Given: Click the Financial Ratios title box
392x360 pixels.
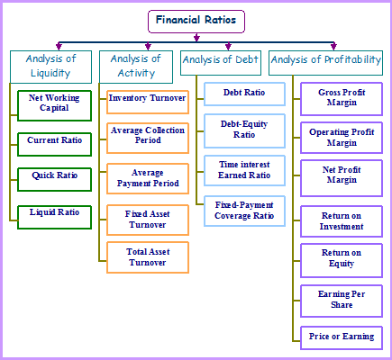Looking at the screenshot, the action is tap(196, 22).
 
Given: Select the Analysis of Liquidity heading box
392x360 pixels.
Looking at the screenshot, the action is tap(50, 67).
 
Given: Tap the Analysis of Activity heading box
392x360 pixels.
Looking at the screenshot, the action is tap(136, 67).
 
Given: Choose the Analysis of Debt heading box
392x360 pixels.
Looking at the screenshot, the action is tap(221, 63).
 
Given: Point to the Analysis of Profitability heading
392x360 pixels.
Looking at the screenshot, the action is tap(325, 63).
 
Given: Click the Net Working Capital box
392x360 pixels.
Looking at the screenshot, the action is tap(54, 105).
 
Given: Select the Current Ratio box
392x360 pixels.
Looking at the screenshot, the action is tap(54, 144).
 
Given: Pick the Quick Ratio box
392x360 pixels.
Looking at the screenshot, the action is tap(54, 179).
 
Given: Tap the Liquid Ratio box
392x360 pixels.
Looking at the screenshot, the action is tap(54, 217).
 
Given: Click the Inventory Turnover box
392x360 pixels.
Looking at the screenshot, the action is tap(148, 102).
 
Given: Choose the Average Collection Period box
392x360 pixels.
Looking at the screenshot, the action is tap(148, 138).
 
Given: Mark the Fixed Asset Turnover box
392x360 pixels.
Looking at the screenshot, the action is tap(148, 220).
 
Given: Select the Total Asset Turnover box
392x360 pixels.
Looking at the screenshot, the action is tap(148, 257).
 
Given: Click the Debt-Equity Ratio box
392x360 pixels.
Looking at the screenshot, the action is tap(244, 130).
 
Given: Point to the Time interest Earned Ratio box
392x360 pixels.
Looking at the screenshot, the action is tap(244, 170).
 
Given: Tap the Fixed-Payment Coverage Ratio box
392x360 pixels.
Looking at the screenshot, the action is tap(244, 211).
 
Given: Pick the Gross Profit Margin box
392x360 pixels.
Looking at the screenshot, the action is tap(342, 99).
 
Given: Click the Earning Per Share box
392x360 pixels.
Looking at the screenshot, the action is tap(342, 301).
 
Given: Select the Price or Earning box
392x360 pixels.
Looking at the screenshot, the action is tap(342, 337).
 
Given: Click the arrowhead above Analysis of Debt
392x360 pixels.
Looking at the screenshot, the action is tap(228, 46).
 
